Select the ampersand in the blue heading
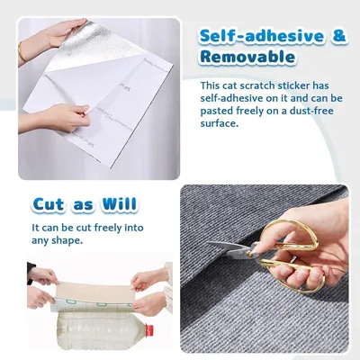(x=338, y=36)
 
